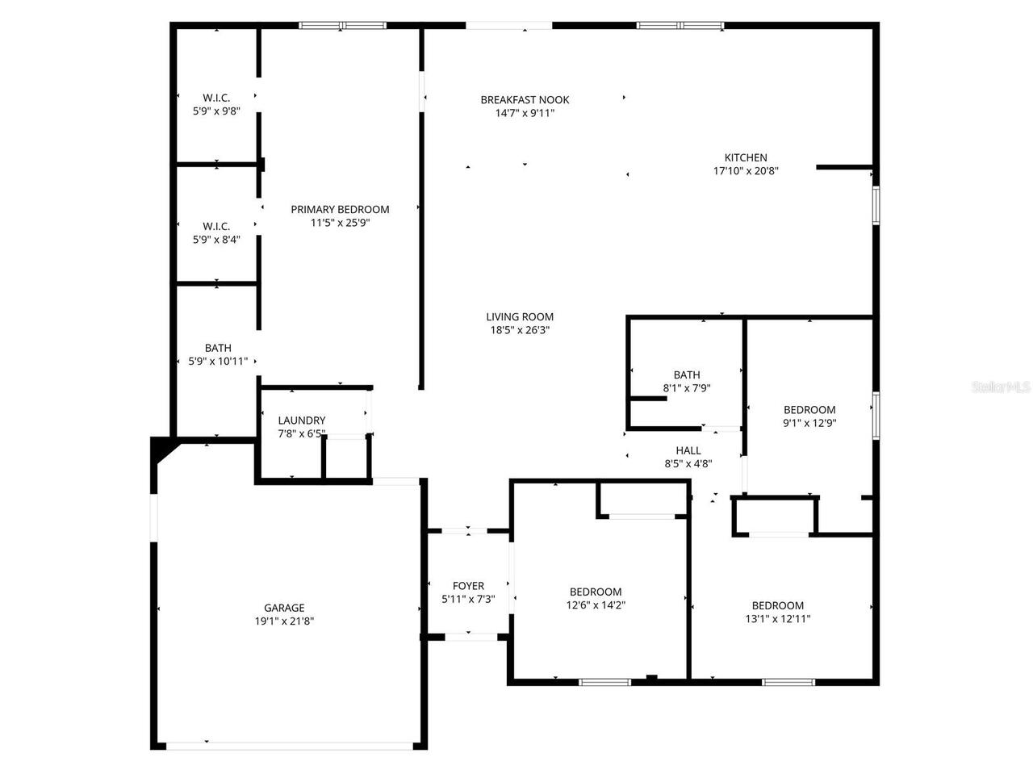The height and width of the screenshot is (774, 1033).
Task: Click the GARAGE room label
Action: (284, 608)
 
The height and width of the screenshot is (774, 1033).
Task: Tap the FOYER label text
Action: (468, 585)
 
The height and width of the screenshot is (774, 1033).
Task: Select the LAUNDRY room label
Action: (302, 420)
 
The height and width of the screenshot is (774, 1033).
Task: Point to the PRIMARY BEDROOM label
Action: (340, 209)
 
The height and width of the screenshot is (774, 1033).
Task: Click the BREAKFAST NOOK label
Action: (525, 100)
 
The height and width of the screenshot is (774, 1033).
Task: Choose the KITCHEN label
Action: (746, 157)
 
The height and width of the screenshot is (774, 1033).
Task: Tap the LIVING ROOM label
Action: (520, 316)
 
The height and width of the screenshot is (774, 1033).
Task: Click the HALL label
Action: (688, 450)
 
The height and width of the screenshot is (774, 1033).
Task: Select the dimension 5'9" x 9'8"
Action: (216, 111)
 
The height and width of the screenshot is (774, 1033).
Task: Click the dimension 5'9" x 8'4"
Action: (216, 240)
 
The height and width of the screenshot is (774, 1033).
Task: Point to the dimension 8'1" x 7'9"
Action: (687, 388)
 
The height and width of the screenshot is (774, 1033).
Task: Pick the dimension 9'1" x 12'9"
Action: (809, 423)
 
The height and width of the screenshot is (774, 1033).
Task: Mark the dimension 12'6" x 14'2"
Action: (596, 605)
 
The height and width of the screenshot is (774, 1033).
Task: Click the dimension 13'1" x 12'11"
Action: (778, 619)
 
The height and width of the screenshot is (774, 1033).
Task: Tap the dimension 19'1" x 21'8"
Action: (284, 621)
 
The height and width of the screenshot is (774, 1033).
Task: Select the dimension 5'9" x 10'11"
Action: (218, 362)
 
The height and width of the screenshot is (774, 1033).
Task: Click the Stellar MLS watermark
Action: (1001, 387)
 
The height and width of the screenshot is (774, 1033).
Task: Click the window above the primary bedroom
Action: (343, 25)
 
